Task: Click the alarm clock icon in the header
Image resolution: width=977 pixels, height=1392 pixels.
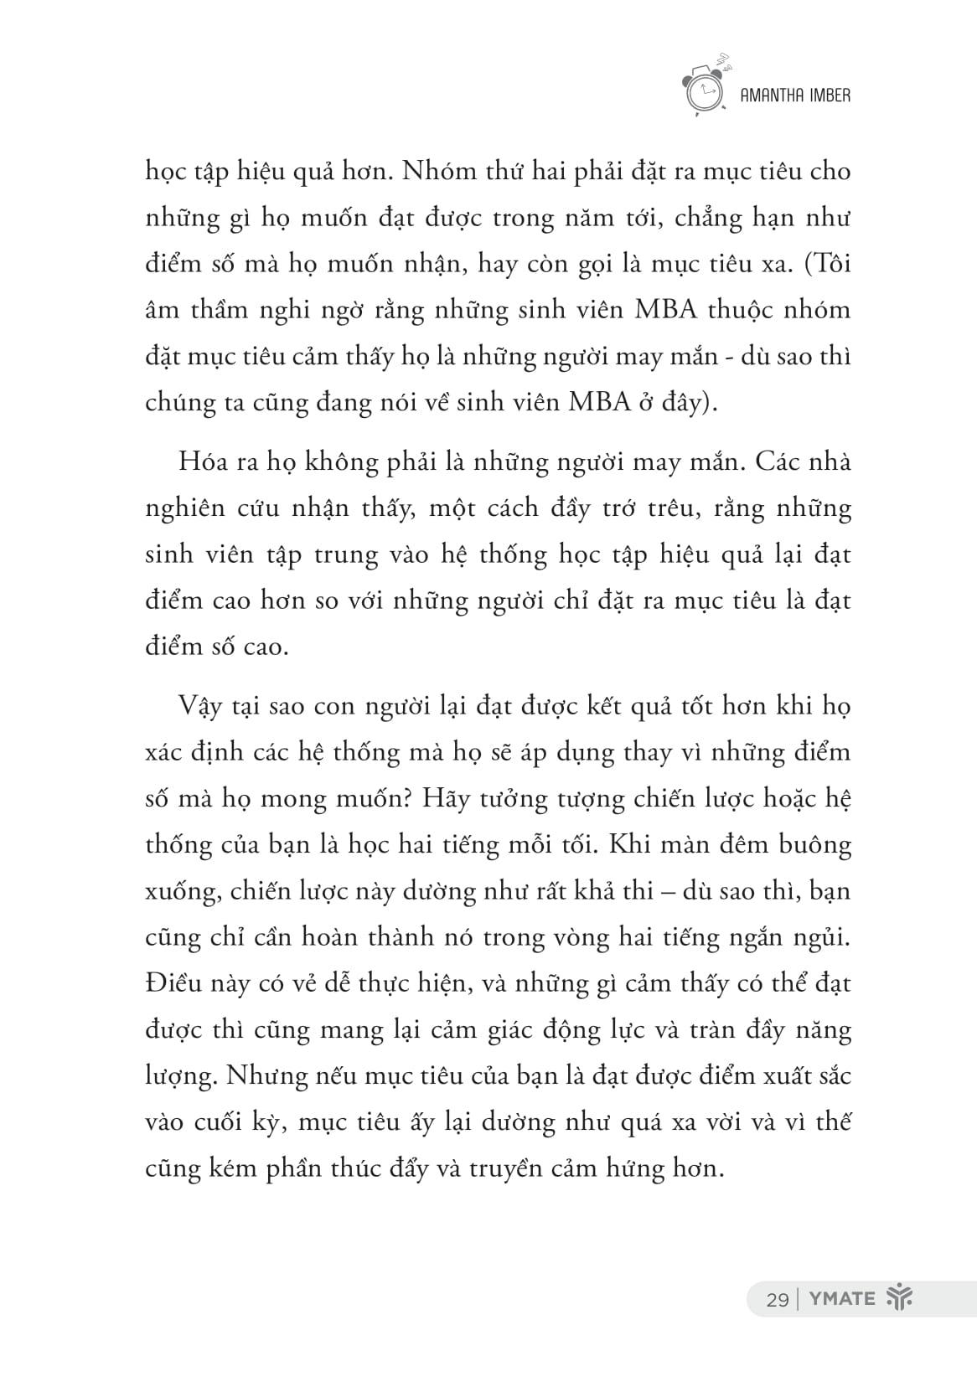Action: (705, 88)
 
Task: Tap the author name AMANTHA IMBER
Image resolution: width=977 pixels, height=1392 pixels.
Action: (796, 95)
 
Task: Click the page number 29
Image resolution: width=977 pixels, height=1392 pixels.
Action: (777, 1299)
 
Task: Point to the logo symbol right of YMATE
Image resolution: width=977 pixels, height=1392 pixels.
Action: (898, 1299)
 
